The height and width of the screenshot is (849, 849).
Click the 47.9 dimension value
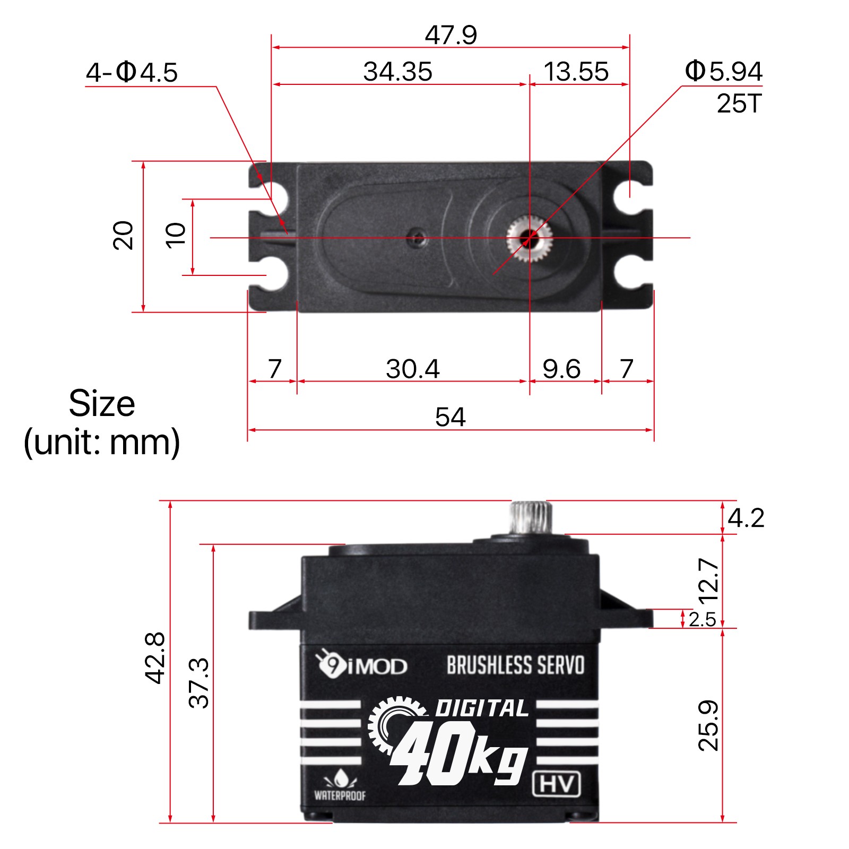click(x=451, y=35)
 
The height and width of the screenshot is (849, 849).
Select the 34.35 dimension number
click(x=397, y=72)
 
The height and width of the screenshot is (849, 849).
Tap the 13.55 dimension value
click(x=576, y=72)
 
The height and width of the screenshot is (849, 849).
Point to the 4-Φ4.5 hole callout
click(x=132, y=72)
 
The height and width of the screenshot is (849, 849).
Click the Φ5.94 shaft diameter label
click(x=723, y=71)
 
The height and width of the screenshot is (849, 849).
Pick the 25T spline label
click(x=739, y=103)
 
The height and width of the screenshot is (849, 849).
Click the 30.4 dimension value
click(x=412, y=369)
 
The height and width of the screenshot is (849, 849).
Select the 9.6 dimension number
click(x=561, y=369)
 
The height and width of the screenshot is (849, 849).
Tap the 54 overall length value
click(x=450, y=417)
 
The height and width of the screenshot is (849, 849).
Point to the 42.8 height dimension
click(x=155, y=657)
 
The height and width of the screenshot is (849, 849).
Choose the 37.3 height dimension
click(x=199, y=683)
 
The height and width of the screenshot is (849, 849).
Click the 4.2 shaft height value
click(x=746, y=518)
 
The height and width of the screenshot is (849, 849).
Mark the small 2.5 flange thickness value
click(x=702, y=619)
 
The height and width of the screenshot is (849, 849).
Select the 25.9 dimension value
click(x=708, y=725)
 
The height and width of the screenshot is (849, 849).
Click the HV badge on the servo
click(x=556, y=784)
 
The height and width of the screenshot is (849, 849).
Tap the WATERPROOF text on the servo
click(x=340, y=795)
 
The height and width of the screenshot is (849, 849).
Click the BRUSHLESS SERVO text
click(x=515, y=665)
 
